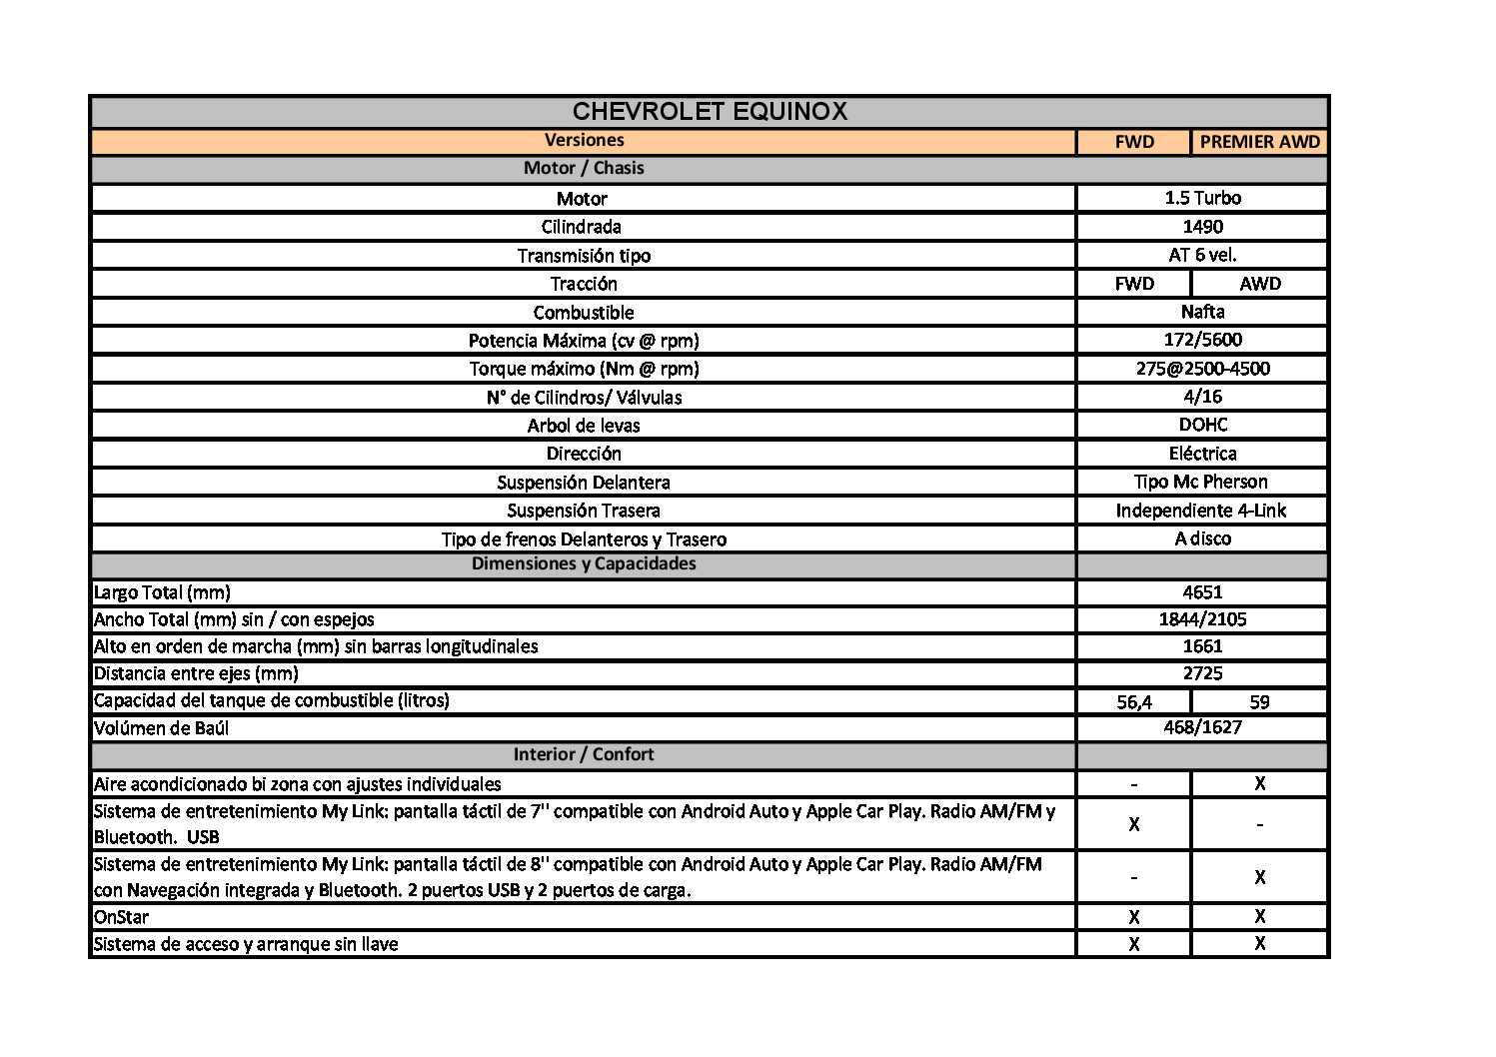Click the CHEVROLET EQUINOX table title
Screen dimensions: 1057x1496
click(710, 111)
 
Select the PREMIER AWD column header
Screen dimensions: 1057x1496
click(1259, 142)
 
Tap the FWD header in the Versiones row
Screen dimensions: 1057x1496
click(1134, 142)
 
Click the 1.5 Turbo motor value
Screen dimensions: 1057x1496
click(1202, 198)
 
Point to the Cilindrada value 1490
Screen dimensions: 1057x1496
click(1202, 227)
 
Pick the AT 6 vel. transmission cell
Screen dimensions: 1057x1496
click(1202, 255)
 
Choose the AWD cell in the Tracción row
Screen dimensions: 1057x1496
click(1259, 284)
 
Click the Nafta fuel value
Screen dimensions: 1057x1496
click(1202, 312)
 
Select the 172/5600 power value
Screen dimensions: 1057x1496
click(1202, 340)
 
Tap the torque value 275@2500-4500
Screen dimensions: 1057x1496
click(1202, 369)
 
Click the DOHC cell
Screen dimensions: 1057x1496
click(1202, 425)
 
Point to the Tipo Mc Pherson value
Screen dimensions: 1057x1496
click(1202, 482)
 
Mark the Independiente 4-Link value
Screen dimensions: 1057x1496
click(1201, 511)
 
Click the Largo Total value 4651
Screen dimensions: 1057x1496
click(1202, 591)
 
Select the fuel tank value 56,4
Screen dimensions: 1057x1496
click(1134, 701)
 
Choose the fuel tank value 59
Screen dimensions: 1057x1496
click(1259, 701)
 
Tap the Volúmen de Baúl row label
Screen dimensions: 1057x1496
click(161, 728)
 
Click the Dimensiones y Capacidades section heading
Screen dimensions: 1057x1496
click(584, 563)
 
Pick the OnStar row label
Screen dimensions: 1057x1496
click(121, 917)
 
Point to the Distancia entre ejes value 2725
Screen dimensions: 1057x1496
click(1202, 673)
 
